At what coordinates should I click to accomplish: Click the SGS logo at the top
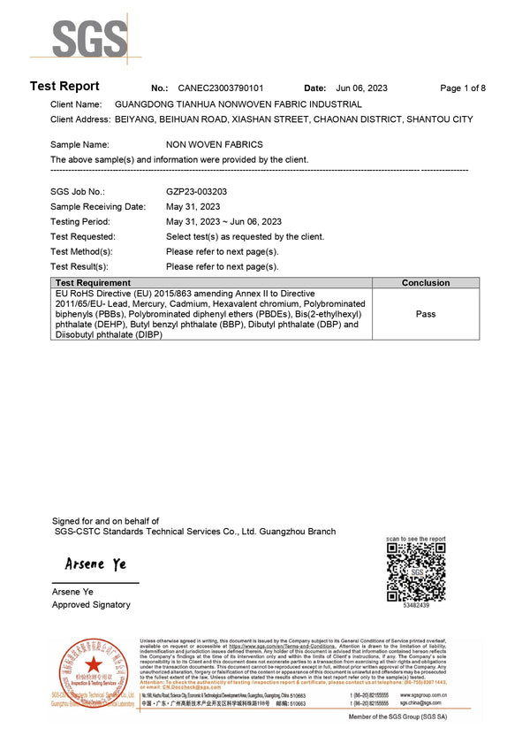[89, 37]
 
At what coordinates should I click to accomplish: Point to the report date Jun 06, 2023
[362, 88]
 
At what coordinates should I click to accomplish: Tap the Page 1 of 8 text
[463, 88]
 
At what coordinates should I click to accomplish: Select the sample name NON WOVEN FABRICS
[214, 144]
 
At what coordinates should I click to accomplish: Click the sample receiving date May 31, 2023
[193, 206]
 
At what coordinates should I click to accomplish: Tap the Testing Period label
[80, 221]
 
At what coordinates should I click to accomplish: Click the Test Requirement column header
[94, 283]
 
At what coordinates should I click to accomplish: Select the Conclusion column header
[426, 283]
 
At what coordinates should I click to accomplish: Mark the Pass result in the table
[426, 314]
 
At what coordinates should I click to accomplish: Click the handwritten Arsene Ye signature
[95, 564]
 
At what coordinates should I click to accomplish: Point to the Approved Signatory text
[91, 605]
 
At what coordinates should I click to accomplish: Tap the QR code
[415, 571]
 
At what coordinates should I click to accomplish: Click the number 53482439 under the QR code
[416, 606]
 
